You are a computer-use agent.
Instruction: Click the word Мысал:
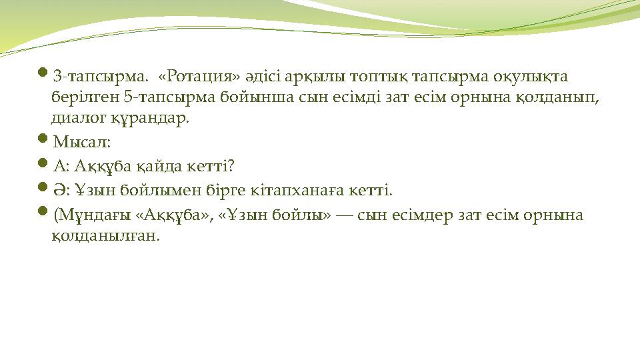81,142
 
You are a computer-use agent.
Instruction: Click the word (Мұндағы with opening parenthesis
84,215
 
